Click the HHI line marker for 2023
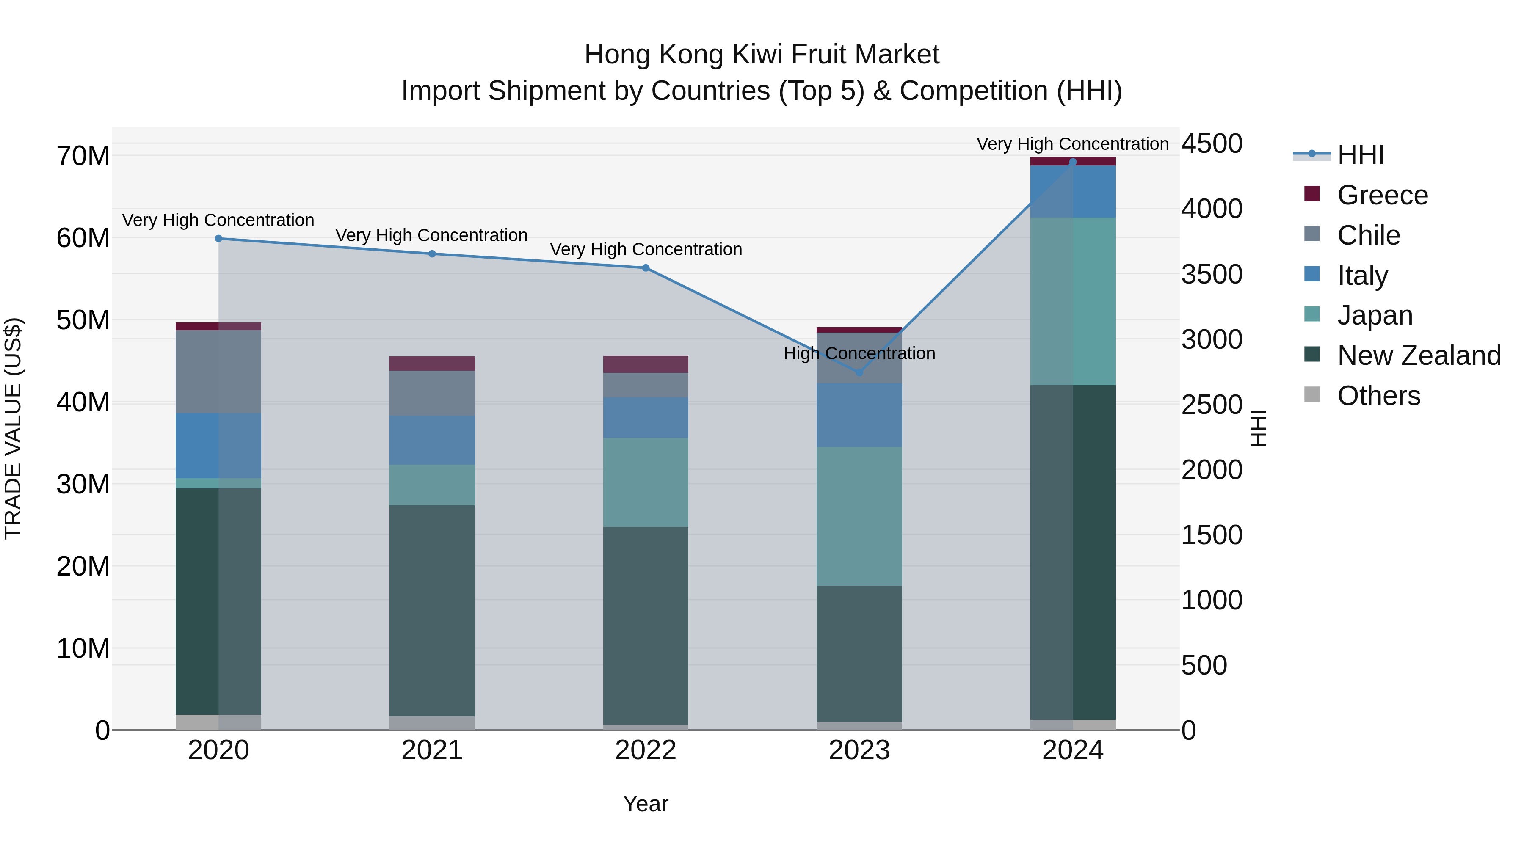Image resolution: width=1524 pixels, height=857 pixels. [859, 372]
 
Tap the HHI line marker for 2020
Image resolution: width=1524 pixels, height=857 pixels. [218, 238]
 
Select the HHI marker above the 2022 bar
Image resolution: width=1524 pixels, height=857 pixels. [646, 268]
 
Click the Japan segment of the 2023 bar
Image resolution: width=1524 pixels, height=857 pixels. [859, 516]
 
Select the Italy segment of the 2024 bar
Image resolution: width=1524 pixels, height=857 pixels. [1073, 192]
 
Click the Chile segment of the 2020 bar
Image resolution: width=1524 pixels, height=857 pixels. [218, 372]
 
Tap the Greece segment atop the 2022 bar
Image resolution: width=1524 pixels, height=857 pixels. [646, 364]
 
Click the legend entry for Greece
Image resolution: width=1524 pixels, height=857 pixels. [1382, 195]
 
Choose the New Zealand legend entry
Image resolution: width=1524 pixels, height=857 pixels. [1418, 355]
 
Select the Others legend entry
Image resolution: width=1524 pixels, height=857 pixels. [1378, 396]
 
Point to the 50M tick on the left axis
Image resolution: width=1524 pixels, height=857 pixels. [83, 320]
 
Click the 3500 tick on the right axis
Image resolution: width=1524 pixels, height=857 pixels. [1212, 274]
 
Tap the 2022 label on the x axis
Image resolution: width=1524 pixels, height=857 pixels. [646, 750]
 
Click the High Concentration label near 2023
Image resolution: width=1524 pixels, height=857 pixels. [859, 354]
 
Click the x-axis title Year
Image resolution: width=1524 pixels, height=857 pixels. [646, 804]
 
